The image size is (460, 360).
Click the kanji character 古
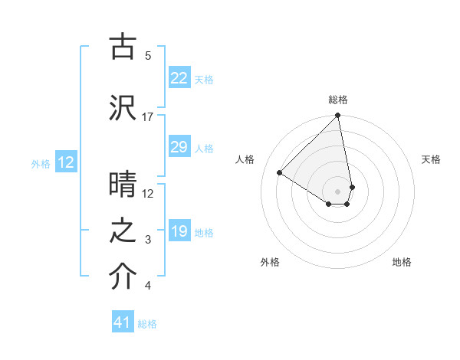click(x=123, y=47)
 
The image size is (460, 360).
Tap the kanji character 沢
click(x=123, y=108)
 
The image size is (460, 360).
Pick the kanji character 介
click(x=123, y=278)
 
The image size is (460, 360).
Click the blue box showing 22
click(x=179, y=78)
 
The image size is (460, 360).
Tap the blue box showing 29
click(x=179, y=147)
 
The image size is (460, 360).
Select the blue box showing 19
click(x=179, y=232)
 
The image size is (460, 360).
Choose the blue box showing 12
click(x=65, y=162)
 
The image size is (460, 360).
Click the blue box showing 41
click(x=123, y=322)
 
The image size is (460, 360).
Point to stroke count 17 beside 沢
click(x=147, y=116)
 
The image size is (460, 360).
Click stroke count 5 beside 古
click(x=147, y=55)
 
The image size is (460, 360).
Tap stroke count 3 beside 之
click(x=147, y=240)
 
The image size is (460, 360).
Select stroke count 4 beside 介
click(x=147, y=286)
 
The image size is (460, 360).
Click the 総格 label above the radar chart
click(x=338, y=100)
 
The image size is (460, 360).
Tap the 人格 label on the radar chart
click(x=245, y=159)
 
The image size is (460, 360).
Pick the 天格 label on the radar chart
click(x=431, y=159)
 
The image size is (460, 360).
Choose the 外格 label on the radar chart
click(x=270, y=262)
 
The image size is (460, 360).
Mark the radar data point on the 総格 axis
click(x=337, y=116)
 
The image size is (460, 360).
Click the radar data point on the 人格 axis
click(x=280, y=173)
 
